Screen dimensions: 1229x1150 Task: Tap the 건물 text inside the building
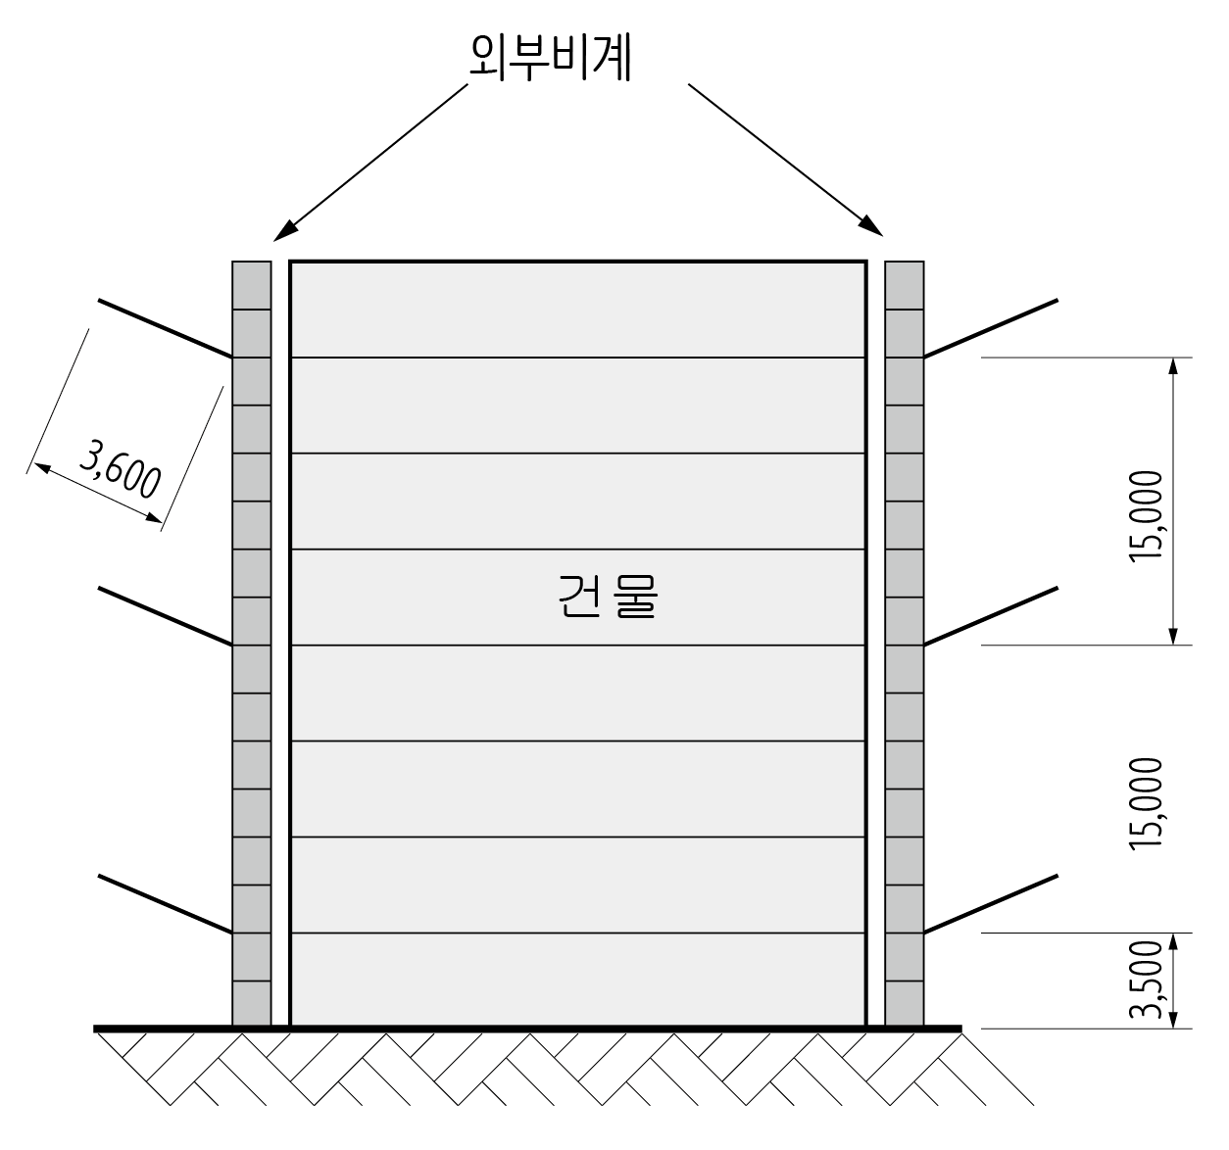pos(607,597)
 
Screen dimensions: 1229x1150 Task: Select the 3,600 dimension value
pos(122,469)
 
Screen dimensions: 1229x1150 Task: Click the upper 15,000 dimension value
pos(1145,516)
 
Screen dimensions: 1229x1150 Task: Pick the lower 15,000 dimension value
pos(1145,802)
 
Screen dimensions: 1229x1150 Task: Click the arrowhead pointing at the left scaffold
pos(284,231)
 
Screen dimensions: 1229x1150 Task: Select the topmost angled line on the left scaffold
pos(165,328)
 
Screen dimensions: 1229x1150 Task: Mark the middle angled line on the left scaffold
pos(165,615)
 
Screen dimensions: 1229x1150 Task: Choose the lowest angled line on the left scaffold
pos(165,903)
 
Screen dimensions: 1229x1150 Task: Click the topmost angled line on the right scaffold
pos(991,327)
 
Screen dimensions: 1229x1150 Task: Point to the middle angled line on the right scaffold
pos(991,615)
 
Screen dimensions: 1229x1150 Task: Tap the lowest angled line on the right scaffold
pos(991,902)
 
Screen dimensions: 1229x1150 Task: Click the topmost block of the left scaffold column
pos(251,285)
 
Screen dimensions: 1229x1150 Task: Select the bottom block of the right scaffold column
pos(905,1004)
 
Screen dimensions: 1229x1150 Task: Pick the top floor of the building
pos(578,310)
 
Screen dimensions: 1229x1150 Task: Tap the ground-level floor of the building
pos(578,980)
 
